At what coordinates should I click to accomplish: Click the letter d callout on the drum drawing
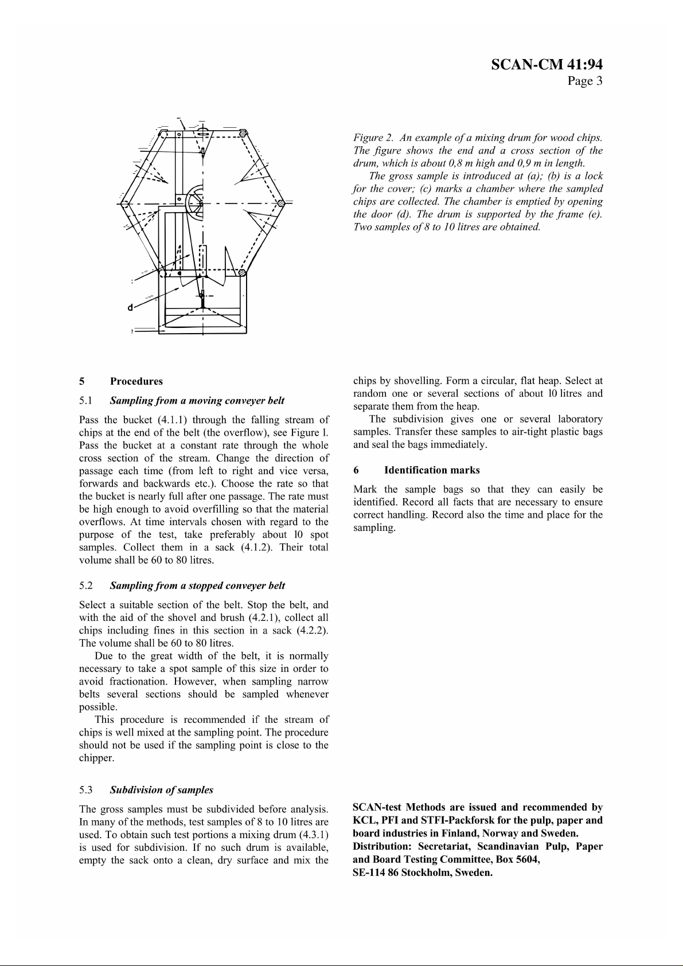click(x=130, y=307)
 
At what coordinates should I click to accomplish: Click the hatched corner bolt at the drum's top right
click(x=243, y=133)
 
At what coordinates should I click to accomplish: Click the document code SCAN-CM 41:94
click(x=547, y=65)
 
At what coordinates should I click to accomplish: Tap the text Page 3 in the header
click(x=585, y=81)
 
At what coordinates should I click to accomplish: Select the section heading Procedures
click(x=136, y=381)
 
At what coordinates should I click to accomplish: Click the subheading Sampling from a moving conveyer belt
click(x=197, y=400)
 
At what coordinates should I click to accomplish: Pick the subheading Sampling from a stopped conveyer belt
click(x=197, y=585)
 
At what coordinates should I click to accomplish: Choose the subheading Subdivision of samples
click(x=161, y=789)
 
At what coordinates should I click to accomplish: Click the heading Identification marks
click(x=432, y=470)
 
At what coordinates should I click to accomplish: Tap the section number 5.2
click(x=86, y=585)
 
